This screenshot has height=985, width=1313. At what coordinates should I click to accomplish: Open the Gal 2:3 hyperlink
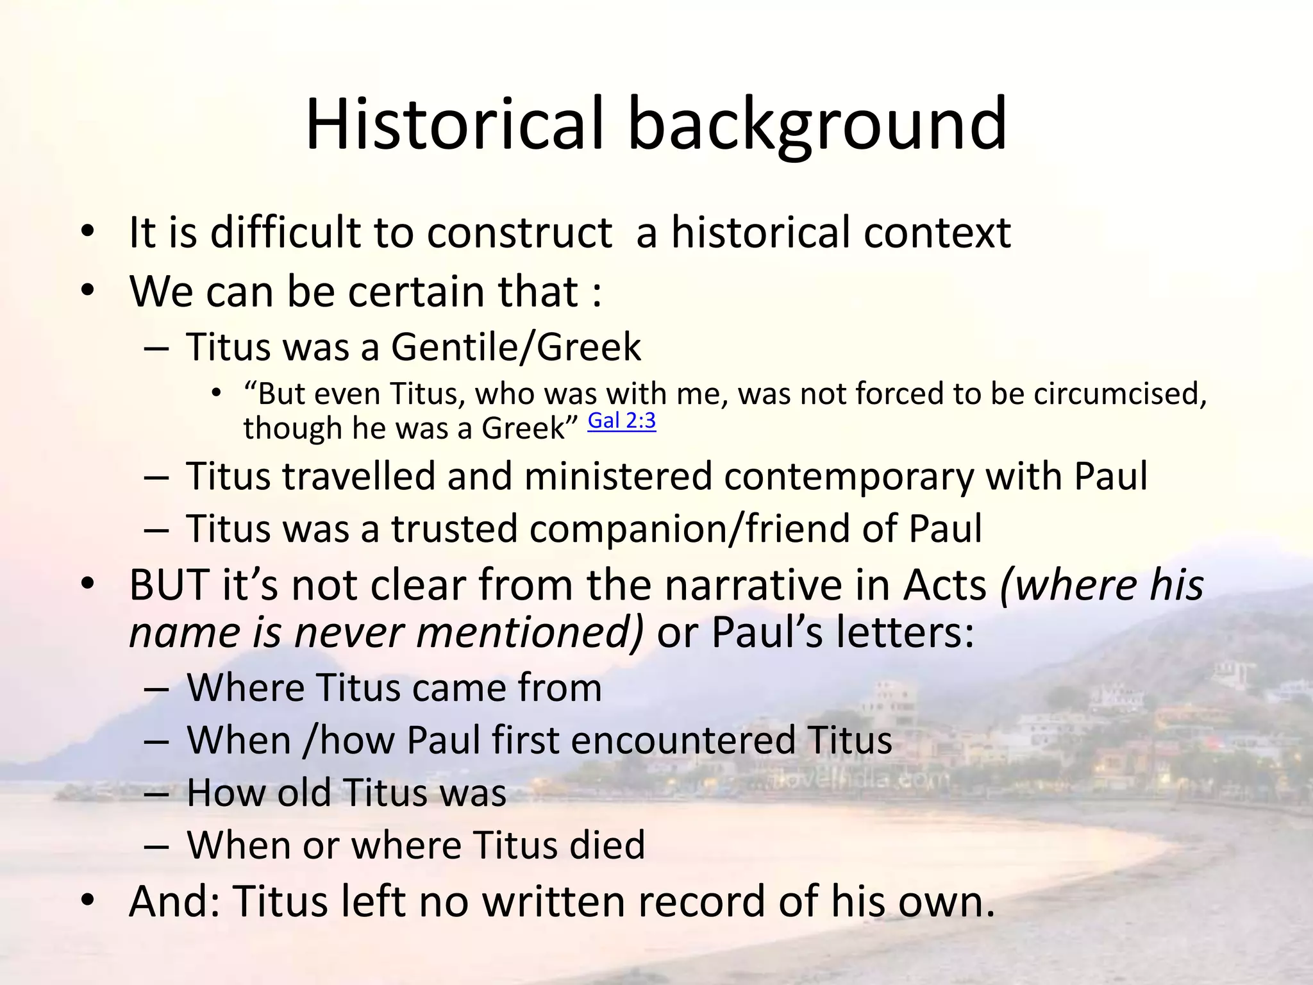pos(621,421)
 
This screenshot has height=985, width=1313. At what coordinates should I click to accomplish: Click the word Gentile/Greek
pos(515,348)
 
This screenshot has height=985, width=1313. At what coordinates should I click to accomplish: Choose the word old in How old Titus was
pos(303,793)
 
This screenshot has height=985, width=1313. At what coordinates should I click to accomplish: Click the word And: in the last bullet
pos(174,902)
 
